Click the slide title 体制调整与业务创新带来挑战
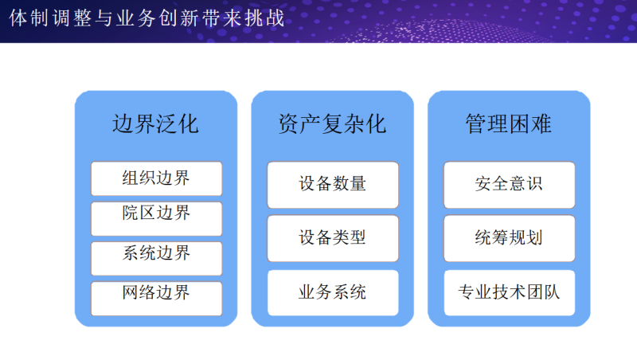click(147, 18)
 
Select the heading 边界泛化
click(155, 124)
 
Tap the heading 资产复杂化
click(332, 124)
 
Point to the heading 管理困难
click(509, 124)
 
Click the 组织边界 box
click(156, 178)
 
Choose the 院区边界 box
click(156, 218)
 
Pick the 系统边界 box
click(156, 258)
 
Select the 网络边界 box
click(156, 299)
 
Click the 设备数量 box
click(333, 185)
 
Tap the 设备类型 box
click(333, 238)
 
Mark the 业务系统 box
click(333, 292)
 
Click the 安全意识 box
click(510, 185)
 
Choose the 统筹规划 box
click(510, 238)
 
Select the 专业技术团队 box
click(510, 292)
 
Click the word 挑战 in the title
click(264, 18)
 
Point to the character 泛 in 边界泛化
click(166, 124)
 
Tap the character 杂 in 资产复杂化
click(354, 124)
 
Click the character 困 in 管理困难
click(520, 124)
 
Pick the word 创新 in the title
click(178, 18)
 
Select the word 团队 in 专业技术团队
click(543, 292)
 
